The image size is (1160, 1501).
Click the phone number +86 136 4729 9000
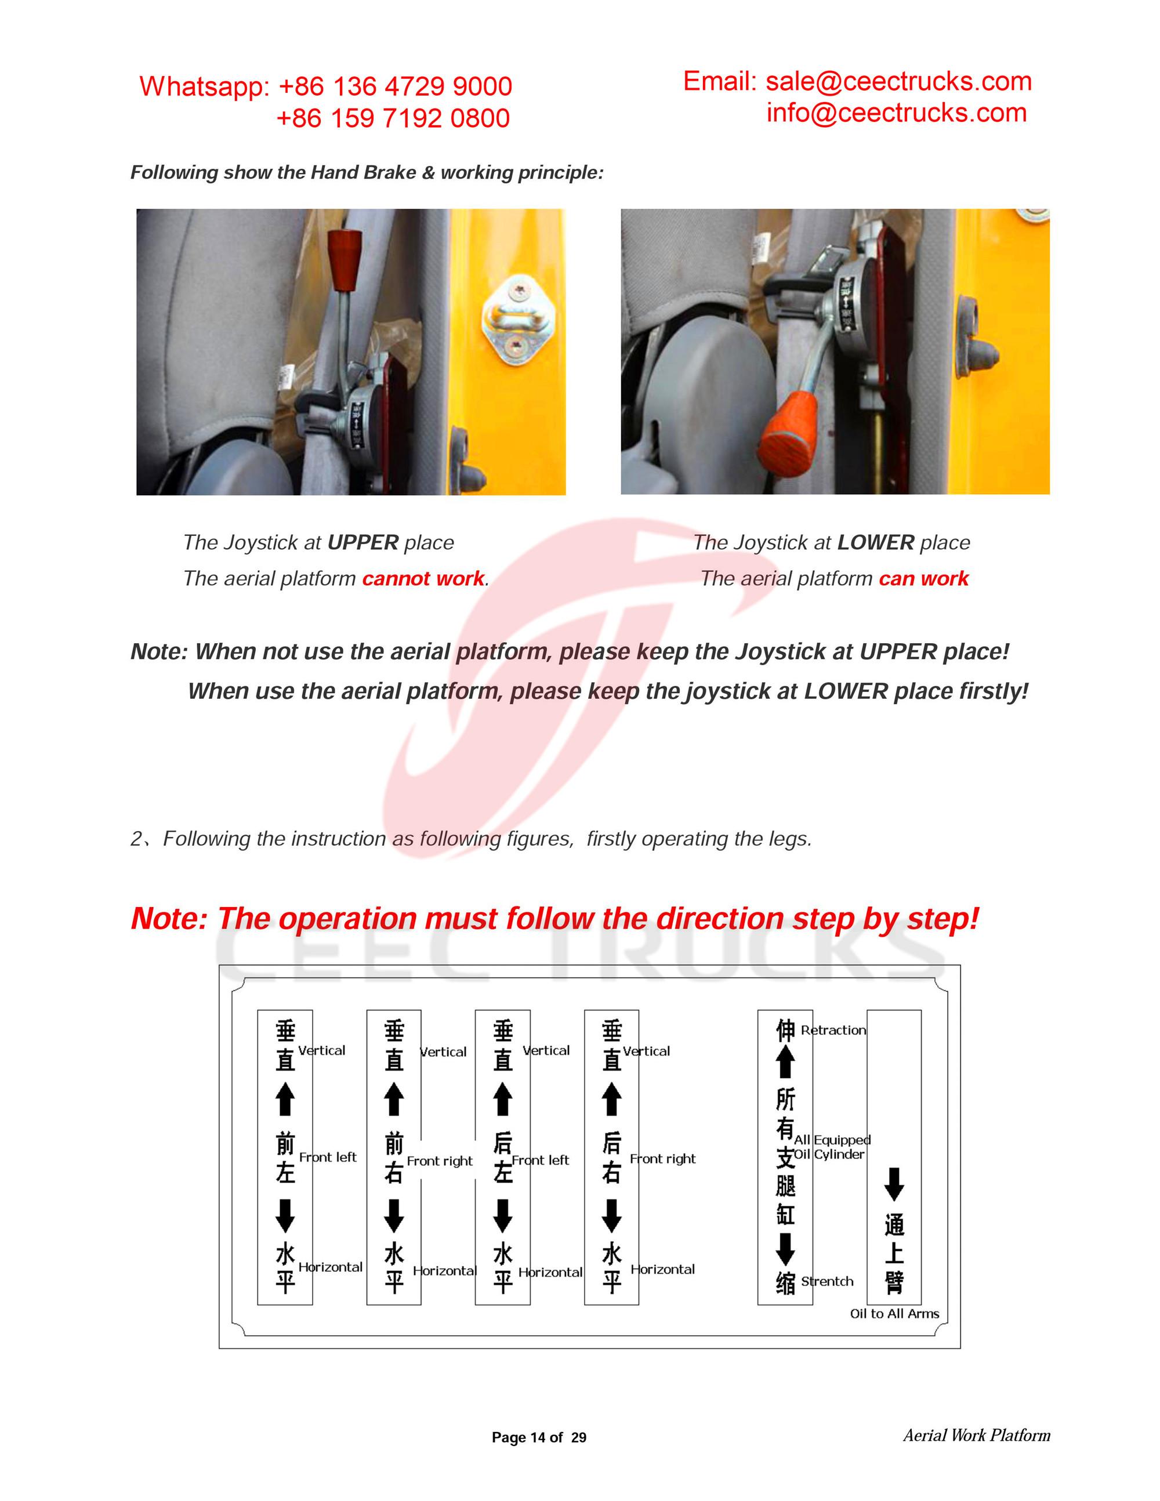coord(395,86)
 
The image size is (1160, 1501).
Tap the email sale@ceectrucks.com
coord(898,82)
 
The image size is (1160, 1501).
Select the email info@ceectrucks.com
coord(896,113)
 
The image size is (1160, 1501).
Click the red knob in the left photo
coord(345,253)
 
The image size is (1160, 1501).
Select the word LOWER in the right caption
coord(875,543)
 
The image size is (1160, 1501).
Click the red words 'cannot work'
coord(423,579)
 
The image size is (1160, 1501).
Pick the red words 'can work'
coord(923,579)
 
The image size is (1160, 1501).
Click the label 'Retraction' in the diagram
coord(833,1030)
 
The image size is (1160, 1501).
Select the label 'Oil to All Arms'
coord(894,1314)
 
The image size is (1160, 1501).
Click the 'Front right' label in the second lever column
coord(439,1162)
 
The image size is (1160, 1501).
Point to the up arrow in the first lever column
coord(285,1099)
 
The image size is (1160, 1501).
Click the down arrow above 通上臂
coord(893,1184)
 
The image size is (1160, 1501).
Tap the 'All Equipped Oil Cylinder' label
coord(832,1147)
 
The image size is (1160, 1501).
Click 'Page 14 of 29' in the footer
coord(539,1438)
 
